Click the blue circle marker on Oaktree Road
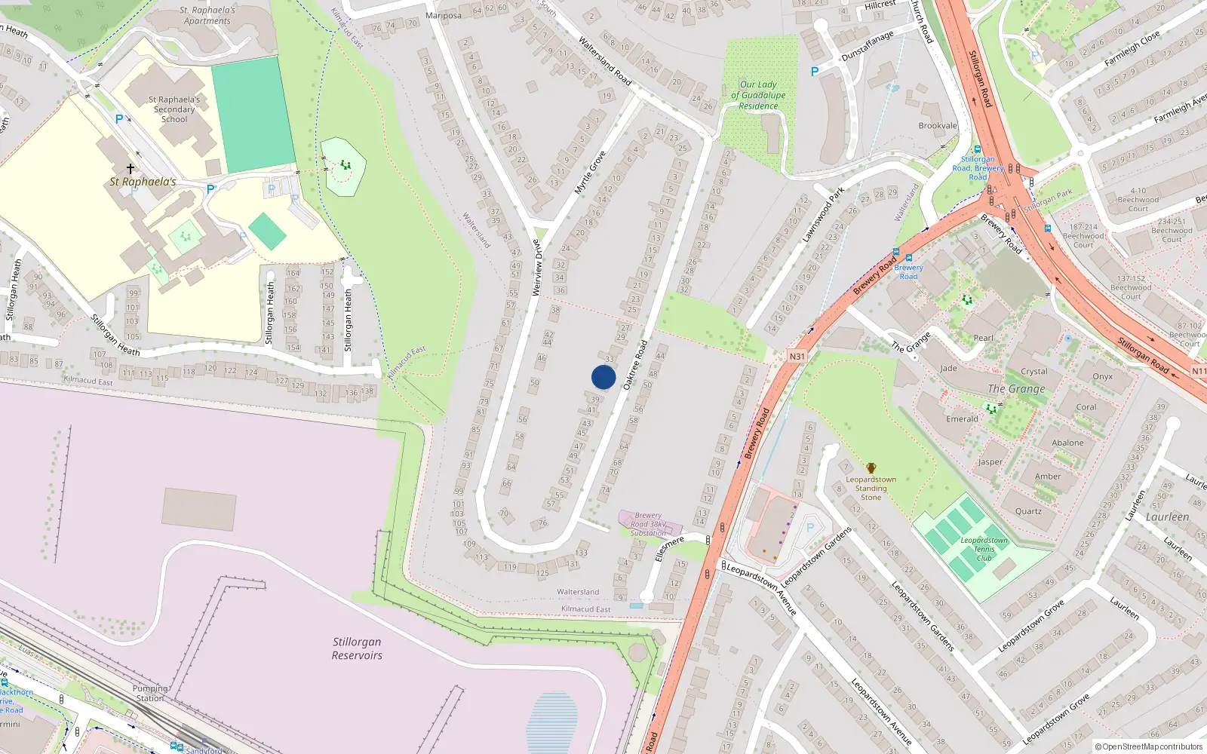tap(603, 377)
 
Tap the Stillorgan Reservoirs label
tap(357, 648)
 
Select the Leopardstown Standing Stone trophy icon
tap(871, 468)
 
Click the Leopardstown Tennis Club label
tap(984, 549)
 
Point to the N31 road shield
tap(797, 357)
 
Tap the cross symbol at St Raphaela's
tap(131, 168)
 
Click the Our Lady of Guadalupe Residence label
tap(758, 96)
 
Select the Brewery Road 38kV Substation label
tap(648, 524)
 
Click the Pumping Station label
tap(149, 693)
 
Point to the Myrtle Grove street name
tap(590, 173)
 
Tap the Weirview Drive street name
tap(537, 267)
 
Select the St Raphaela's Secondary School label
tap(174, 109)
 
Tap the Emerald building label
tap(962, 419)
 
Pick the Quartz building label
tap(1028, 511)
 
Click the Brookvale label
tap(938, 126)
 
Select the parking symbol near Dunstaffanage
tap(814, 72)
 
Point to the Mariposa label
tap(444, 16)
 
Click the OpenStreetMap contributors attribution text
tap(1149, 747)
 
